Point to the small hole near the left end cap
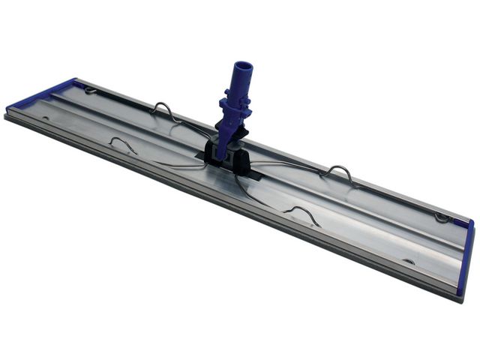point(46,118)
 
